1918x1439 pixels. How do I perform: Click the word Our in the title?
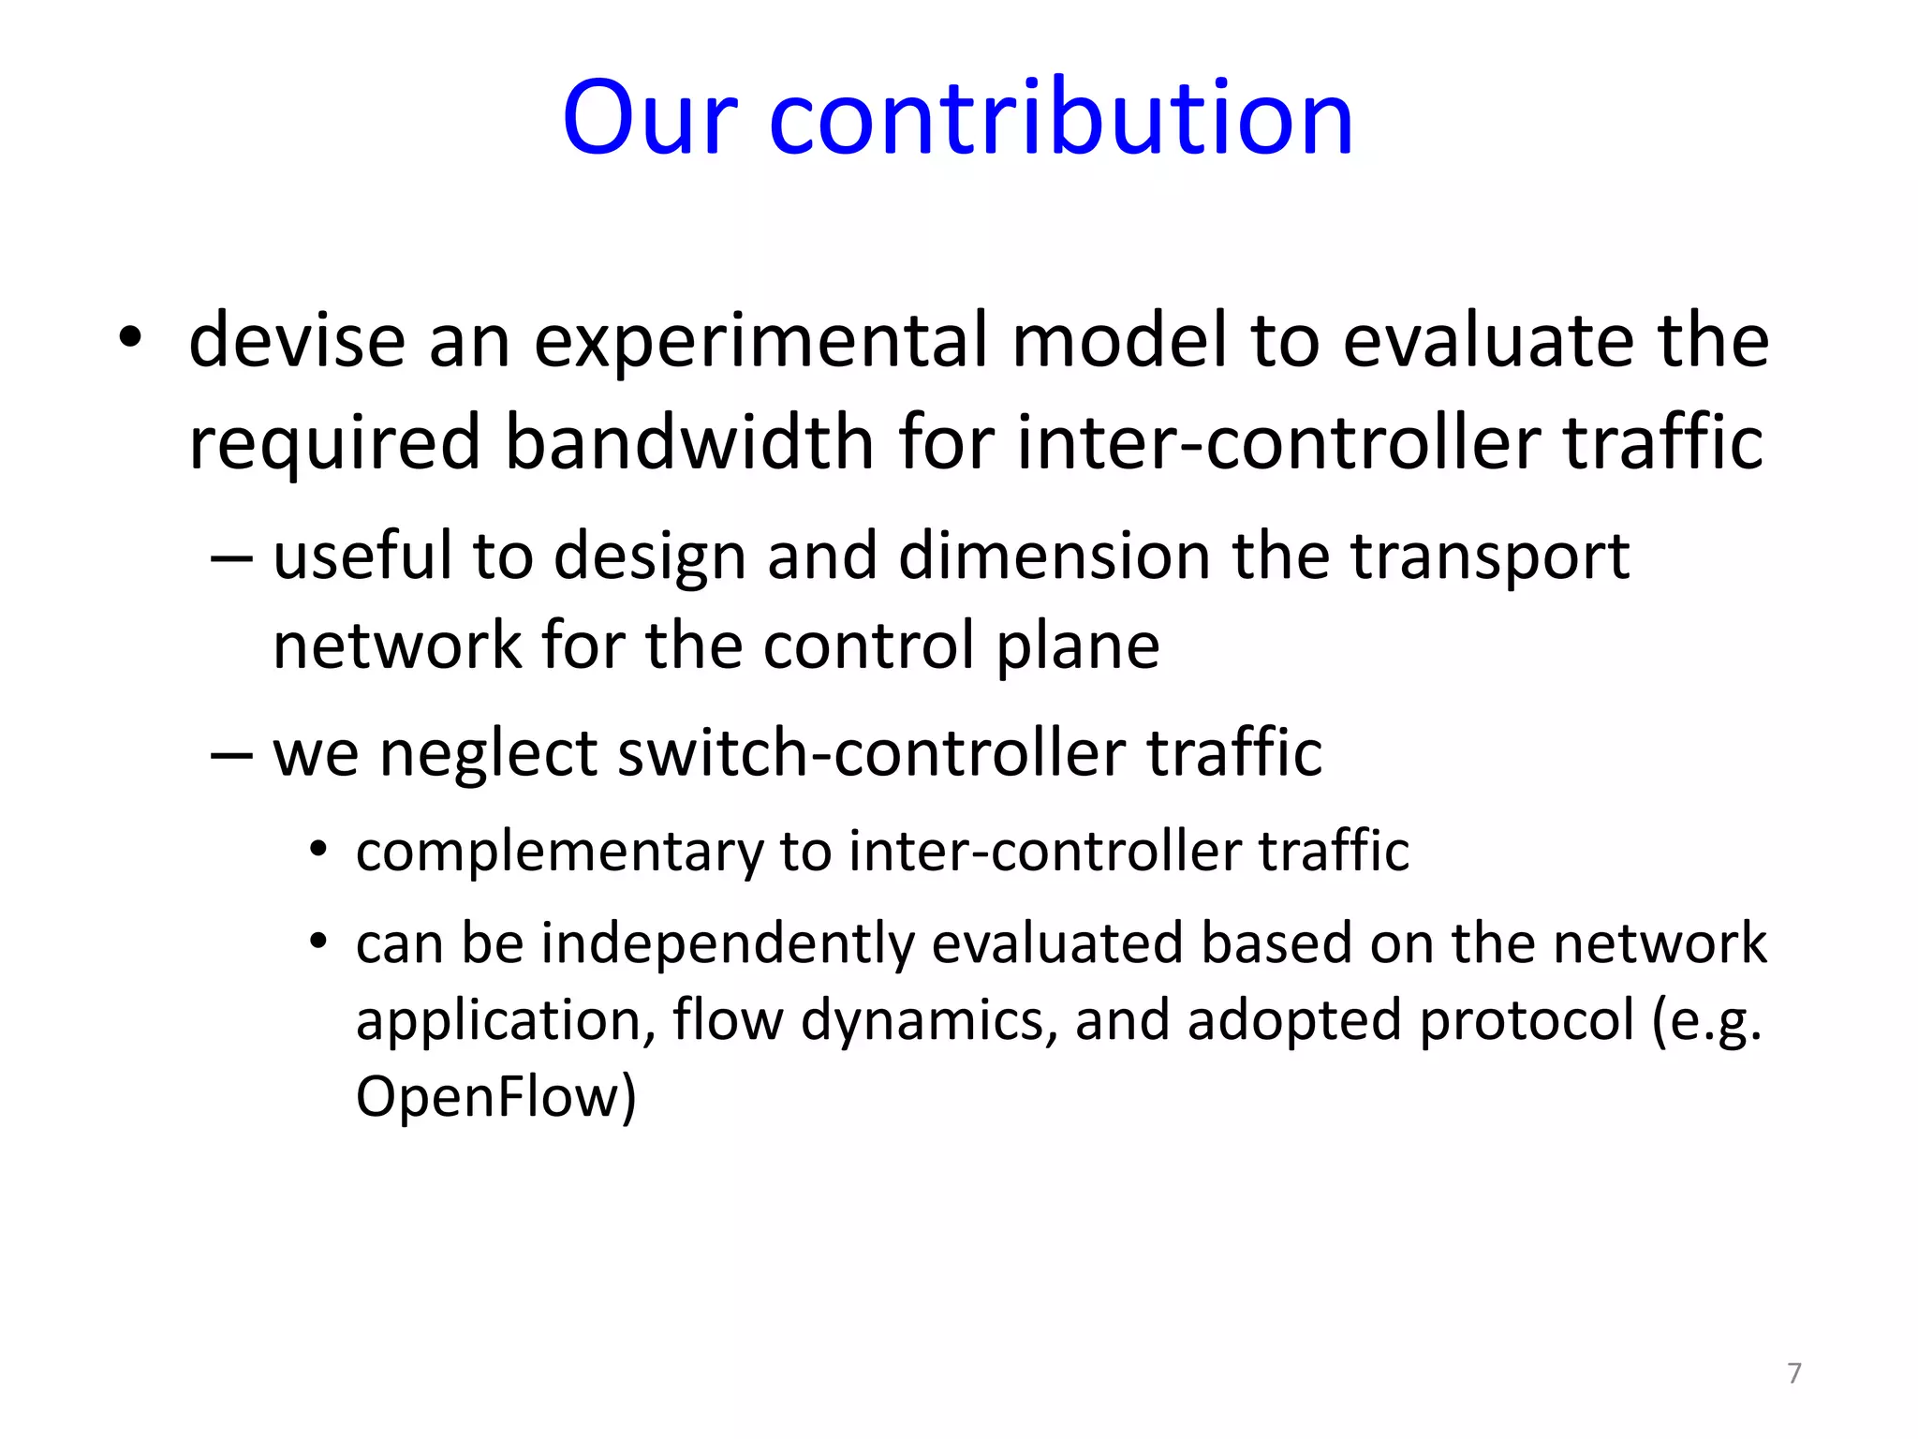649,119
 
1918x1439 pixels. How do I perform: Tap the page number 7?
1793,1372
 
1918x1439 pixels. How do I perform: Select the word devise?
297,340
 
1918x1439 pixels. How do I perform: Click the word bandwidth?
689,442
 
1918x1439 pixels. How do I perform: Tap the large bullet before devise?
130,338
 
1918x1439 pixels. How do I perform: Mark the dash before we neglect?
231,754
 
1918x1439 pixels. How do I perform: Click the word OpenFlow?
495,1096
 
